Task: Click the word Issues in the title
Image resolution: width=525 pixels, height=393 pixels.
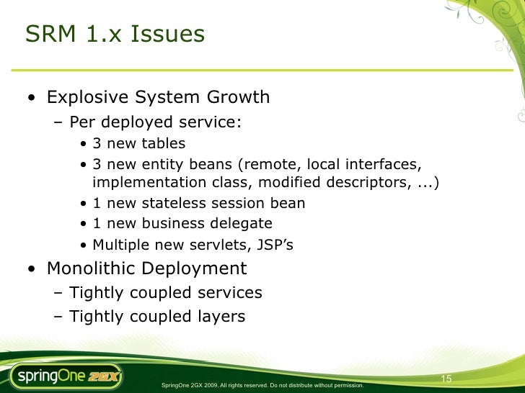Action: coord(170,34)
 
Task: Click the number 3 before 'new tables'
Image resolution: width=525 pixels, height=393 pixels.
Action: coord(98,143)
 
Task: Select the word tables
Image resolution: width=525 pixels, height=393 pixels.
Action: coord(163,143)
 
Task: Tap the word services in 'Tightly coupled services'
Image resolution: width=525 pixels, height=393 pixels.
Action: coord(233,293)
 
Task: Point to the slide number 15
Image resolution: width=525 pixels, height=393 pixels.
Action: coord(446,379)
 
